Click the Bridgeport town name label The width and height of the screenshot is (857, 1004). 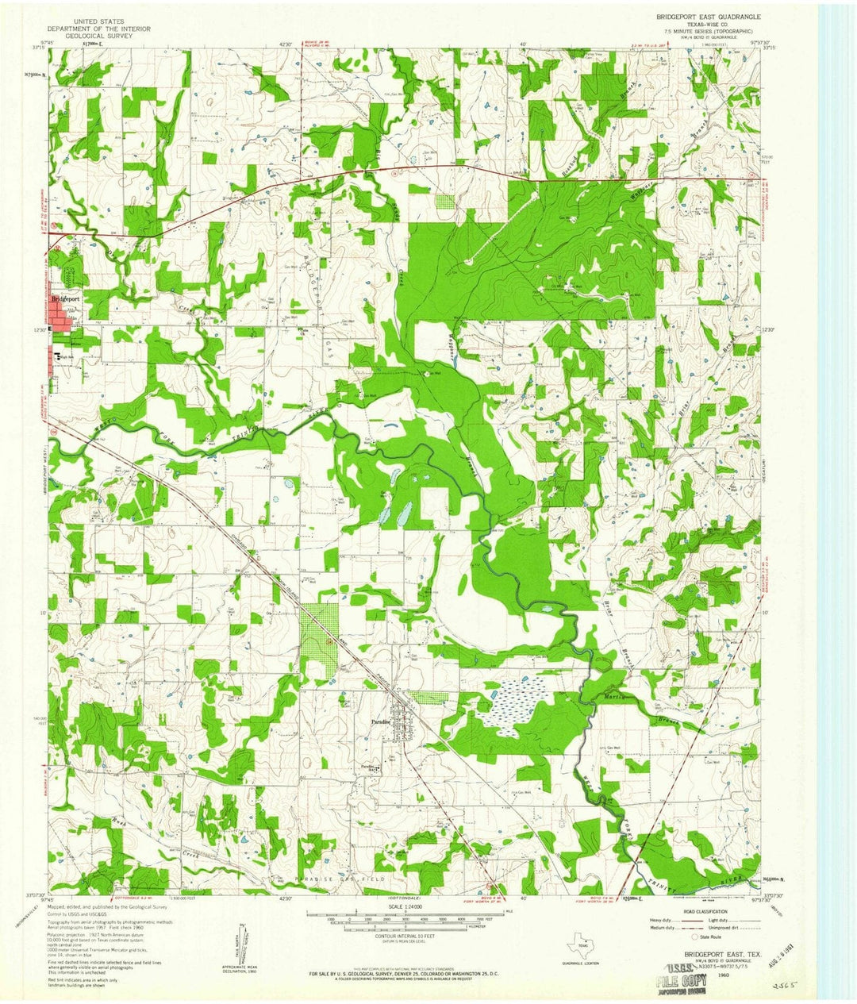coord(68,298)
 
